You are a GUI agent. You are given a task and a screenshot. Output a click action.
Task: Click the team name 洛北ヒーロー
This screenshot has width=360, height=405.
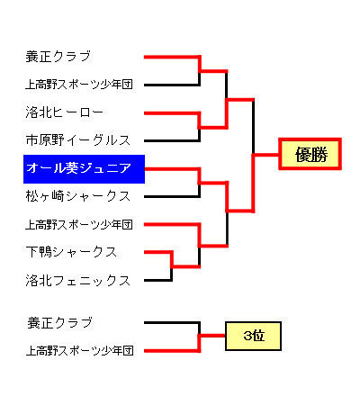(x=65, y=112)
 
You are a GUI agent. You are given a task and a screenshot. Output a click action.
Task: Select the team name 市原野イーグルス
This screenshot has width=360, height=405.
(x=77, y=140)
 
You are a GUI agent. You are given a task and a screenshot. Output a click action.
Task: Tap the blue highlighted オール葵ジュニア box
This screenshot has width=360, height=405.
(x=84, y=169)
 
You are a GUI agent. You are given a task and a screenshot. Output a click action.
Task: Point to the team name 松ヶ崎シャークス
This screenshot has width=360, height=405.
(x=77, y=196)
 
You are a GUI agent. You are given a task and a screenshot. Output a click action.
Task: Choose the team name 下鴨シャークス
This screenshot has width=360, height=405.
(x=71, y=252)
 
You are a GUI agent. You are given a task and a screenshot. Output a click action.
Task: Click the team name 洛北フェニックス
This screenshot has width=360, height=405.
(x=77, y=280)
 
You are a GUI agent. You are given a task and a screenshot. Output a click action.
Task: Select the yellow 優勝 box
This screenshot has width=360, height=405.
(x=310, y=154)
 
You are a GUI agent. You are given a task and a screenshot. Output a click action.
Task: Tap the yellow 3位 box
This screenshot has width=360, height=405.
(x=254, y=336)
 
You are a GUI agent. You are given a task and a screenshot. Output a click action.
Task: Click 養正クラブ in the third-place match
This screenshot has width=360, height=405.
(x=59, y=323)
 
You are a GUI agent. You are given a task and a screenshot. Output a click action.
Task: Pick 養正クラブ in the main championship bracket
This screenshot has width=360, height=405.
(x=58, y=57)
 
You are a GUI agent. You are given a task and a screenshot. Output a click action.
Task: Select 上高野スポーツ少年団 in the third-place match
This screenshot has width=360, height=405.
(x=79, y=350)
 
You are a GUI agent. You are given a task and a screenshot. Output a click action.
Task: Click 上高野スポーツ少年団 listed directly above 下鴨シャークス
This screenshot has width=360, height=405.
(x=79, y=224)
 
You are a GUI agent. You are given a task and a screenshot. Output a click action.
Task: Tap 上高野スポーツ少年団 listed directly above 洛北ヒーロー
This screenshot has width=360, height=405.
(x=79, y=85)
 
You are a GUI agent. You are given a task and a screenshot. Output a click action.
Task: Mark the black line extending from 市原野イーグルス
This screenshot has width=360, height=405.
(x=172, y=140)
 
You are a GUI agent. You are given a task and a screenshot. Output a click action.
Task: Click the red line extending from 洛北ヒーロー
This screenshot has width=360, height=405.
(x=172, y=113)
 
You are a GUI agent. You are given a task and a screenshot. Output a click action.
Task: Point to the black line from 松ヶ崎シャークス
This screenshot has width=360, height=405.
(x=172, y=196)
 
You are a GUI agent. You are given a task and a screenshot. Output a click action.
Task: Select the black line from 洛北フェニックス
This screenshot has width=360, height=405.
(x=158, y=280)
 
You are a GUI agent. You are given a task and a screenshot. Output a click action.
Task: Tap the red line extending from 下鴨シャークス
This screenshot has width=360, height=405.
(x=158, y=252)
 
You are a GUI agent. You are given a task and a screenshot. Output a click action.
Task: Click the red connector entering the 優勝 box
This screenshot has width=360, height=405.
(x=266, y=155)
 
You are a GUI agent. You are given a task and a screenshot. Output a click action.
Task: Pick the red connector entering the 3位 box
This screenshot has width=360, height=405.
(x=212, y=336)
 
